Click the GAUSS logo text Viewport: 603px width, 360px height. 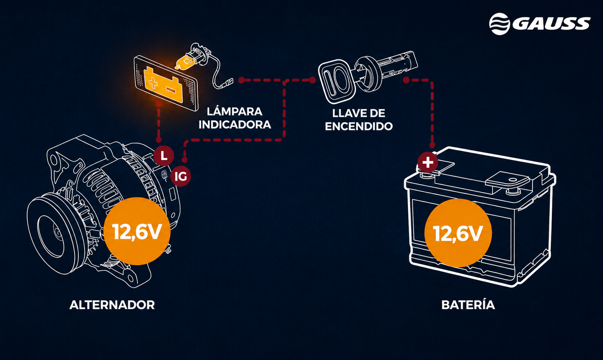coord(551,23)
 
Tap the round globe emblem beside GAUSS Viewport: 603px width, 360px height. coord(499,24)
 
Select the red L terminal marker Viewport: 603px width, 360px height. coord(164,156)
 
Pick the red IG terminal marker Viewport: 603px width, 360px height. coord(181,176)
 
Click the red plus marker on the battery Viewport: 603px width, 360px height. coord(428,162)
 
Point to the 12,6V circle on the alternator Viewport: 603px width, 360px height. coord(137,231)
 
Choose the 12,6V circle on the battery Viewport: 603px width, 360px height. coord(458,233)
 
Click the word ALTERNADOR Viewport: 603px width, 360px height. coord(112,305)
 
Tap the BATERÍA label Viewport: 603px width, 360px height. coord(468,305)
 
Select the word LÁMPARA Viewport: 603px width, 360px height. coord(234,111)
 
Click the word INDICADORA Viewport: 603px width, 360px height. coord(235,124)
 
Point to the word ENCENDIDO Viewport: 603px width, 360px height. coord(359,126)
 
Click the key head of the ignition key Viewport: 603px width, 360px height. coord(337,81)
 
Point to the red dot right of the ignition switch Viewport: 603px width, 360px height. coord(406,80)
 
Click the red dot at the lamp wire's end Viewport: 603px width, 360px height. coord(241,80)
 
